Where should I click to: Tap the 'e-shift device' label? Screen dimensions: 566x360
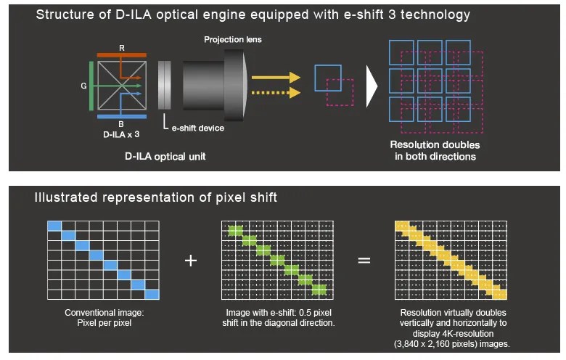click(197, 128)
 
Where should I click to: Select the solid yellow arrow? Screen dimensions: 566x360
click(275, 76)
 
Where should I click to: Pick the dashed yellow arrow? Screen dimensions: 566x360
click(275, 92)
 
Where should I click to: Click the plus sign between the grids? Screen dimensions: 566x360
click(191, 260)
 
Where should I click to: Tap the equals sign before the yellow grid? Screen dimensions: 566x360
click(364, 260)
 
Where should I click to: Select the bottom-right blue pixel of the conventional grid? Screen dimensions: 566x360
click(152, 293)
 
